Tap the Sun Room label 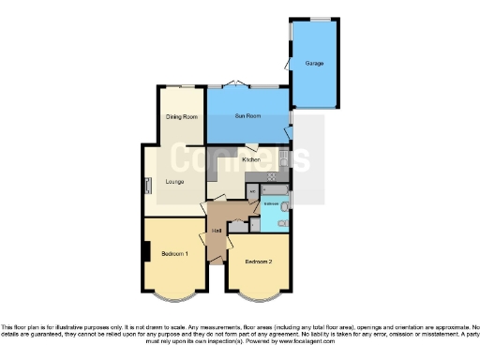[x=247, y=116]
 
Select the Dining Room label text [x=182, y=116]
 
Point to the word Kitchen [x=250, y=159]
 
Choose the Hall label [x=216, y=230]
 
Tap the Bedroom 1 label [x=174, y=254]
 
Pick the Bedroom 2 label [x=258, y=262]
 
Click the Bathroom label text [x=271, y=202]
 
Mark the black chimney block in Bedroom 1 [x=145, y=251]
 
